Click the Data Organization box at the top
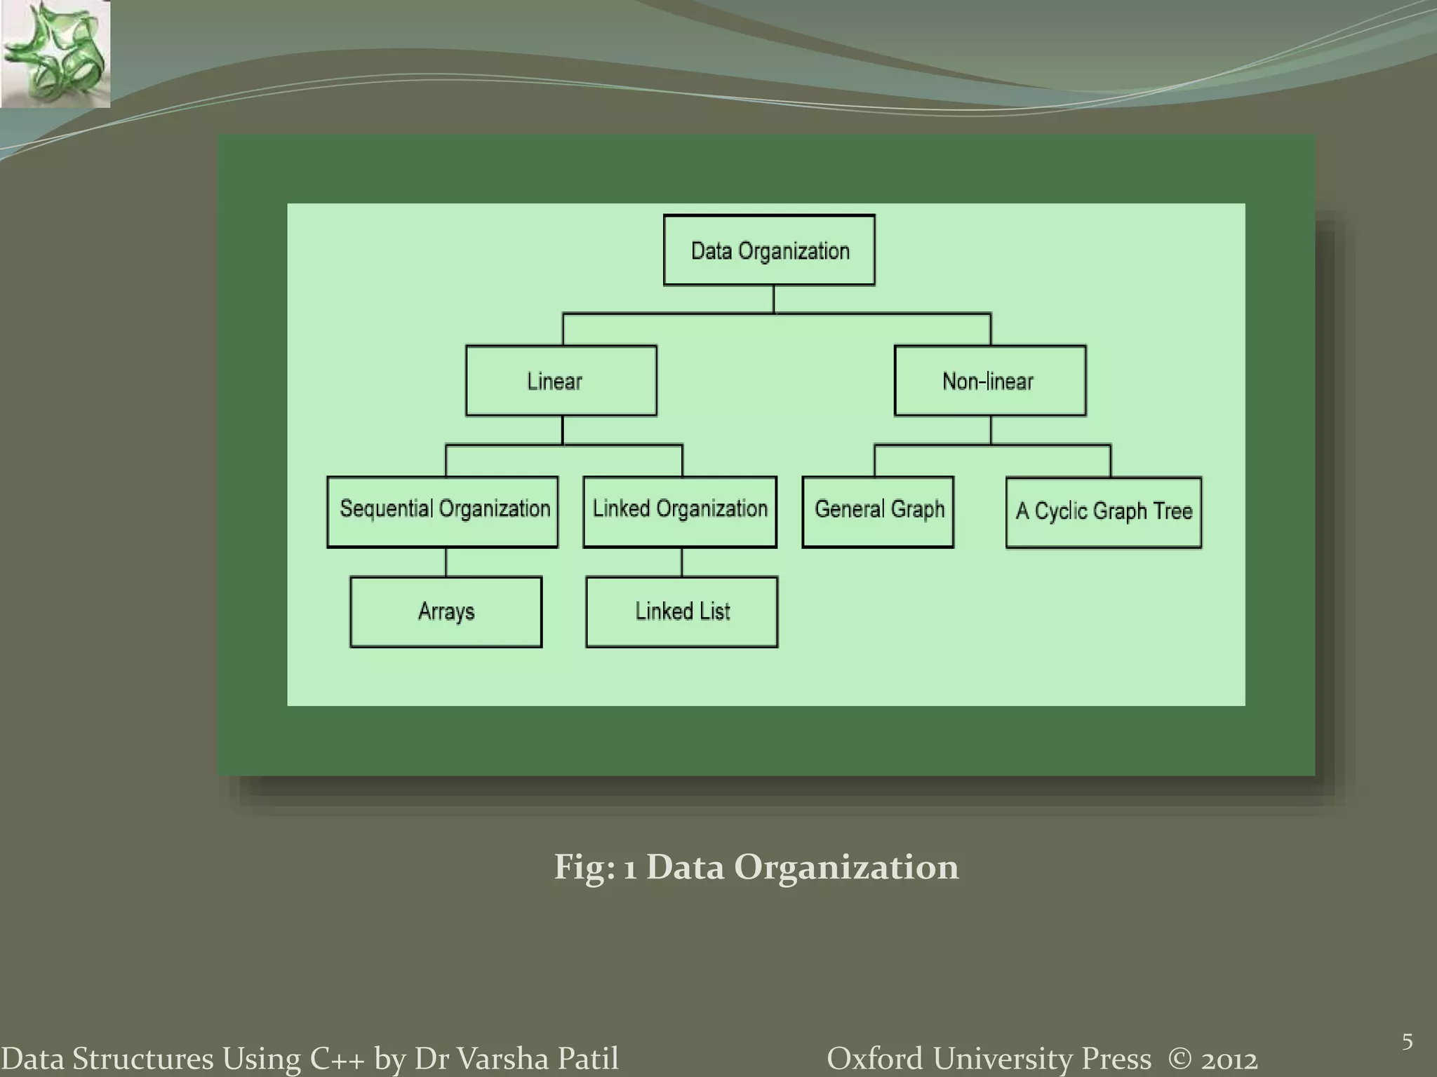pyautogui.click(x=769, y=250)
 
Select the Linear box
pyautogui.click(x=561, y=381)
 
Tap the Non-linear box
pyautogui.click(x=990, y=381)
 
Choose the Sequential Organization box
pyautogui.click(x=443, y=512)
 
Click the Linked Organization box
pyautogui.click(x=680, y=512)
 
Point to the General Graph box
pyautogui.click(x=878, y=512)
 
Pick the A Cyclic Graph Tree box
pyautogui.click(x=1104, y=513)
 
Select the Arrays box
pyautogui.click(x=446, y=612)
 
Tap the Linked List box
pyautogui.click(x=682, y=612)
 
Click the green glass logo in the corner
pyautogui.click(x=55, y=54)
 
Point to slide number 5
pyautogui.click(x=1407, y=1042)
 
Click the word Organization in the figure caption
pyautogui.click(x=846, y=867)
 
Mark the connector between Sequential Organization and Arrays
pyautogui.click(x=446, y=562)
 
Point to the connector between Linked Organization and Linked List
pyautogui.click(x=681, y=562)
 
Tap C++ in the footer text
pyautogui.click(x=337, y=1059)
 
